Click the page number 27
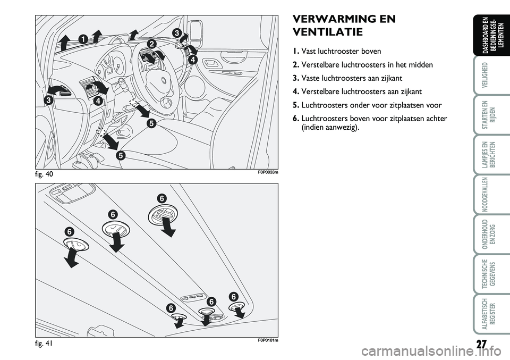(x=481, y=344)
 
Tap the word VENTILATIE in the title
(x=328, y=32)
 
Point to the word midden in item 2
(x=421, y=65)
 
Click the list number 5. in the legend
(x=295, y=105)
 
